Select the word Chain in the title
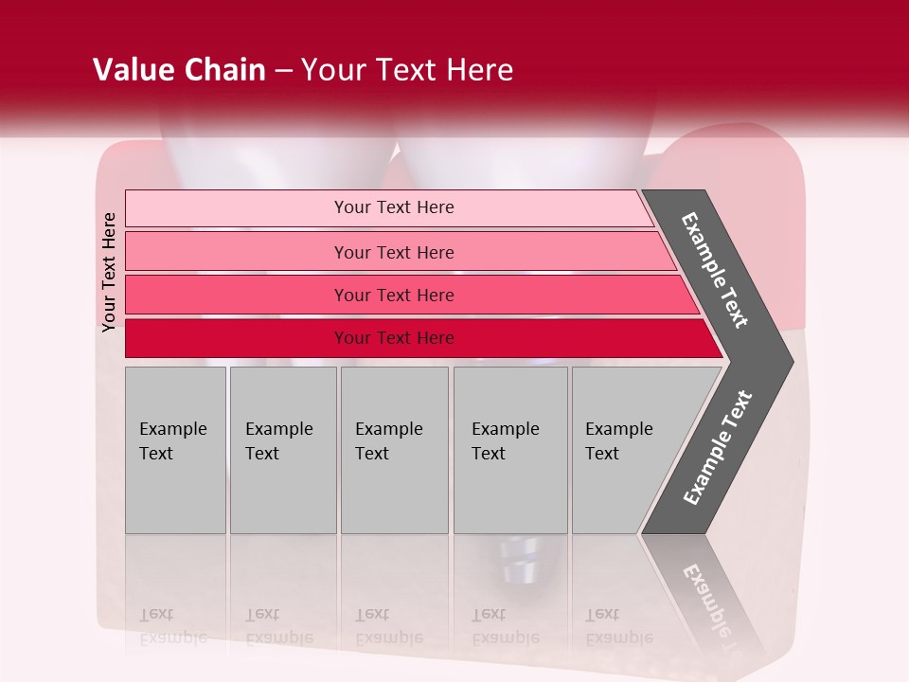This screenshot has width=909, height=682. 225,70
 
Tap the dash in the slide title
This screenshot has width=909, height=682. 283,71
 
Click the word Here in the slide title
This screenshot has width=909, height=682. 479,70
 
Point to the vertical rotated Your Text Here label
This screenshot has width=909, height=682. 109,272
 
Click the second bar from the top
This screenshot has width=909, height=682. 393,252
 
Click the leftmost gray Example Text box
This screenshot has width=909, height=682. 175,450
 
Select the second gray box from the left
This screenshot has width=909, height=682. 283,450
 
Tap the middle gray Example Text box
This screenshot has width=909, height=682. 394,450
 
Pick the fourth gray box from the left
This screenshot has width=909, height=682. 510,450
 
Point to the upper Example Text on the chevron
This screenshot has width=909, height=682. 715,270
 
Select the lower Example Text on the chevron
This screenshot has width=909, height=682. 718,447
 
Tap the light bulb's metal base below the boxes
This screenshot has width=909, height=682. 519,559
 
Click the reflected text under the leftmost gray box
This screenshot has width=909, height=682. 171,626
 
